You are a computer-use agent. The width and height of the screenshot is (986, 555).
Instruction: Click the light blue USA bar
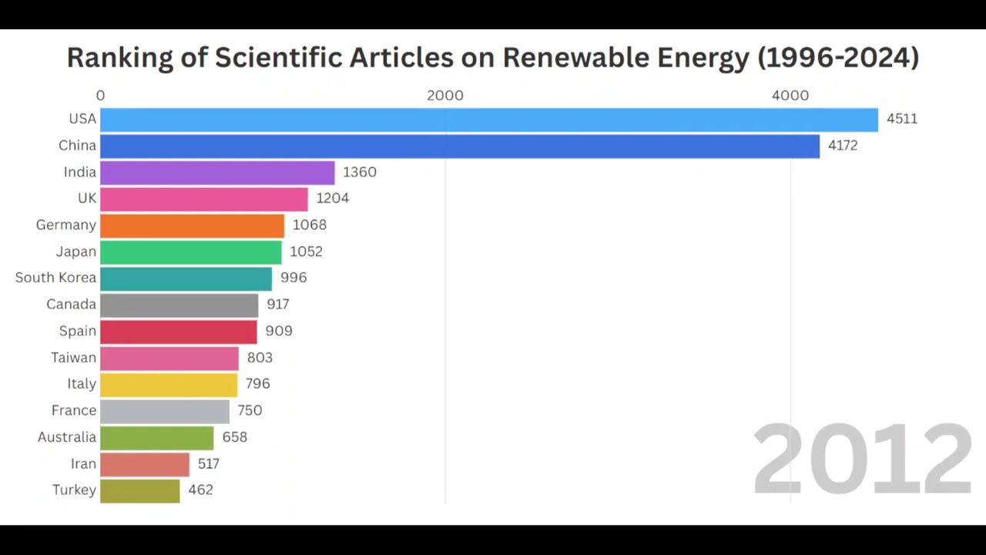(x=488, y=119)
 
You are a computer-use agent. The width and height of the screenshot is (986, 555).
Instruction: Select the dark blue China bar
(x=459, y=146)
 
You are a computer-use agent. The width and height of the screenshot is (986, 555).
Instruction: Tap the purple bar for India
(x=217, y=172)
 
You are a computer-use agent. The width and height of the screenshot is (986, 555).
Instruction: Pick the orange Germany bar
(x=192, y=225)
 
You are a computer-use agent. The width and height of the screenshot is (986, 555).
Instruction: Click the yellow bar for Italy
(x=169, y=384)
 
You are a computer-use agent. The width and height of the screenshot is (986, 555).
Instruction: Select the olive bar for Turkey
(x=139, y=490)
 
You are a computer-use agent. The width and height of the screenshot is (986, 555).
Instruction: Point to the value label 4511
(x=901, y=119)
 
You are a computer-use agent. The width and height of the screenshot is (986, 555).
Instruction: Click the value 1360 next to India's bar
(x=360, y=172)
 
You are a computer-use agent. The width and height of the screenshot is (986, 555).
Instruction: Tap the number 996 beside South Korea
(x=293, y=277)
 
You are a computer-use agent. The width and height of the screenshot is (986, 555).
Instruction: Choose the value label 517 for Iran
(x=208, y=464)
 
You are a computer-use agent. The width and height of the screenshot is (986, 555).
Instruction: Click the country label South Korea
(x=55, y=277)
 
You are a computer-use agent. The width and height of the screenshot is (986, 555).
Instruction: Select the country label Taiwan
(x=73, y=358)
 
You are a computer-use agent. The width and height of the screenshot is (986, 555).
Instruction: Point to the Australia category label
(x=66, y=437)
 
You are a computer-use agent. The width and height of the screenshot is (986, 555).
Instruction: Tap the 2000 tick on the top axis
(x=445, y=96)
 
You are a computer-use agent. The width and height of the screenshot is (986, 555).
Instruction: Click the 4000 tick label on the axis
(x=790, y=96)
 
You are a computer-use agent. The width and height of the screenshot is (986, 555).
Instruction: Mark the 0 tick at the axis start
(x=100, y=96)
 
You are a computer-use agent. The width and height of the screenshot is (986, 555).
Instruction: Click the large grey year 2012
(x=861, y=460)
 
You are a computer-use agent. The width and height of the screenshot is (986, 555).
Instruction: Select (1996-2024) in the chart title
(x=838, y=57)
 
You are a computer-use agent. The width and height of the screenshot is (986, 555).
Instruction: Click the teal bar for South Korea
(x=186, y=278)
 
